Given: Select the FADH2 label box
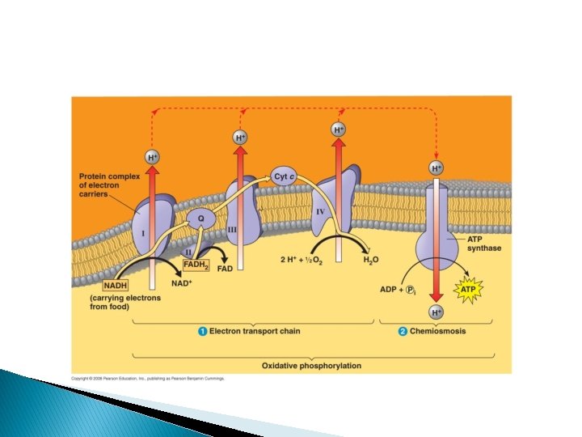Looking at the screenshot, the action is click(x=196, y=265).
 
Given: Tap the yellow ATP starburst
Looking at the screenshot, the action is click(x=469, y=288).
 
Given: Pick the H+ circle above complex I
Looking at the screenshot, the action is click(x=153, y=158).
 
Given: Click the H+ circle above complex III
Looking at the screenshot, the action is click(x=240, y=138).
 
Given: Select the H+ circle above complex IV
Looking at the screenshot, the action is click(x=339, y=129).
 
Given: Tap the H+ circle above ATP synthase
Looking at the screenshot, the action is click(x=436, y=168).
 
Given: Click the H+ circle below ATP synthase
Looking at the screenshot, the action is click(x=436, y=312).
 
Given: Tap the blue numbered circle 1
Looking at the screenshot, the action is click(x=202, y=331).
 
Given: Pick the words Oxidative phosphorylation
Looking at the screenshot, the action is click(x=311, y=366).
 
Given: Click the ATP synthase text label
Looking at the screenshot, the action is click(x=484, y=244).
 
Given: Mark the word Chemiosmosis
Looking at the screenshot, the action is click(x=437, y=331).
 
